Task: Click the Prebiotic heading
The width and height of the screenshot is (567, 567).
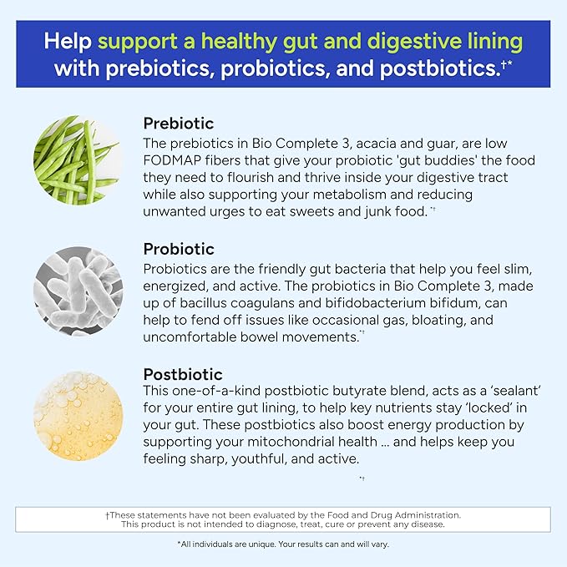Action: click(179, 124)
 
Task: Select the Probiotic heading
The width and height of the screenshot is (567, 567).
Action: click(179, 249)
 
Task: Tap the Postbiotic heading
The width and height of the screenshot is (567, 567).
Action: click(184, 374)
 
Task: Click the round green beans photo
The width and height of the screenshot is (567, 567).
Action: click(78, 160)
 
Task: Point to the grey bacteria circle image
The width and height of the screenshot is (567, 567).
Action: click(78, 286)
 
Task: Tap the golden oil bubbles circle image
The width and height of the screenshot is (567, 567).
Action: click(78, 414)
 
